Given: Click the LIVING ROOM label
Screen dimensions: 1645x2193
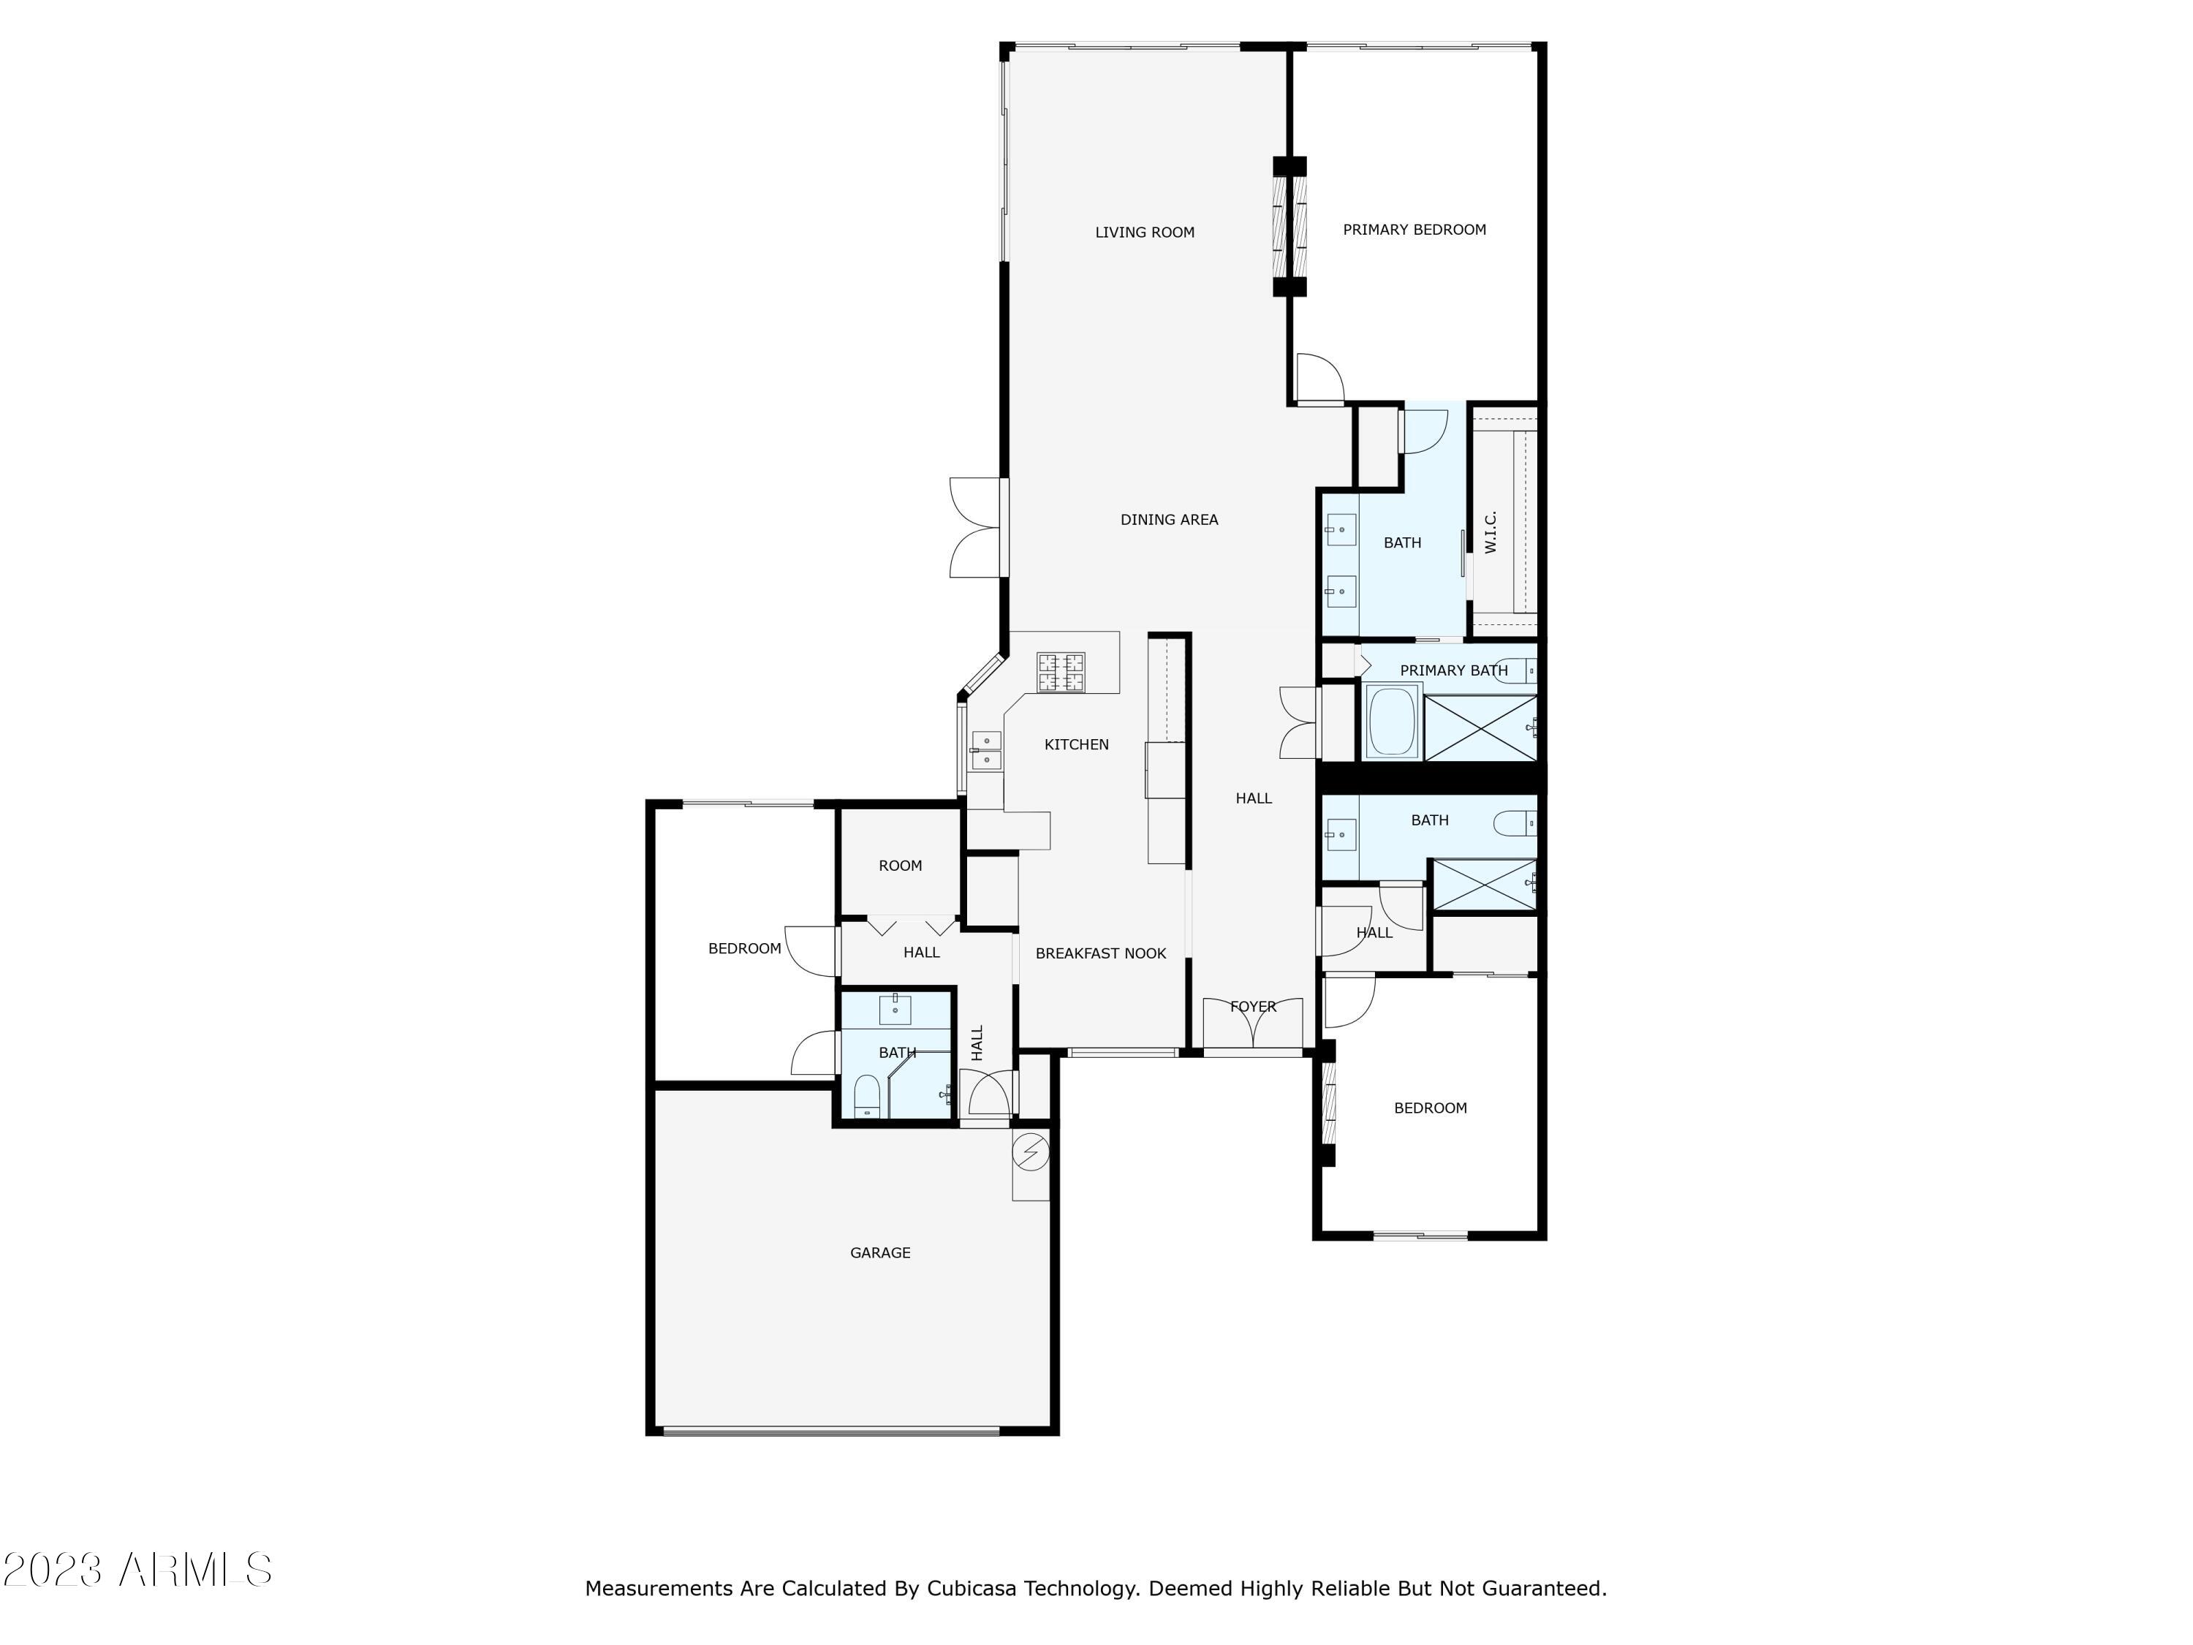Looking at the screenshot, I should point(1144,232).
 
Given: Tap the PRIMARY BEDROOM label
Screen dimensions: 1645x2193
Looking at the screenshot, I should point(1414,229).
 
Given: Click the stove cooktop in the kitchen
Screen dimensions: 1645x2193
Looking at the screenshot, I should point(1061,673).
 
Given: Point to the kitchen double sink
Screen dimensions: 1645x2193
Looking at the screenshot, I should point(985,751).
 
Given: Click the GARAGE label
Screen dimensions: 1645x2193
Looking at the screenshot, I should point(879,1252).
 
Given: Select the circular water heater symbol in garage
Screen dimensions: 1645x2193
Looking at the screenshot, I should point(1031,1151).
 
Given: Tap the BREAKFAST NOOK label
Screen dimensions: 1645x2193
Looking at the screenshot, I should point(1100,953).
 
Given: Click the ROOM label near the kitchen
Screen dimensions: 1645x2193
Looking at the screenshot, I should point(900,866).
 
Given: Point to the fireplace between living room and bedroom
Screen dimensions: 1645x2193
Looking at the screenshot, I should point(1289,226).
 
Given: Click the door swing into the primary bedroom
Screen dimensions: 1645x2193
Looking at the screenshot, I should point(1319,377).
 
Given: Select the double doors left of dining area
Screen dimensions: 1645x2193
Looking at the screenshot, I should point(977,528).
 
